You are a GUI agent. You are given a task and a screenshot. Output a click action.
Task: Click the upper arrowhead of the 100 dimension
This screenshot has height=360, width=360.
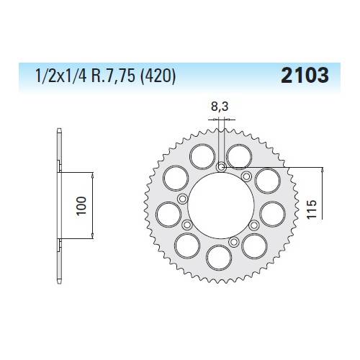point(92,176)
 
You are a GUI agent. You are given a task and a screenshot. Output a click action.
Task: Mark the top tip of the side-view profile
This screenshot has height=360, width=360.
point(58,130)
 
